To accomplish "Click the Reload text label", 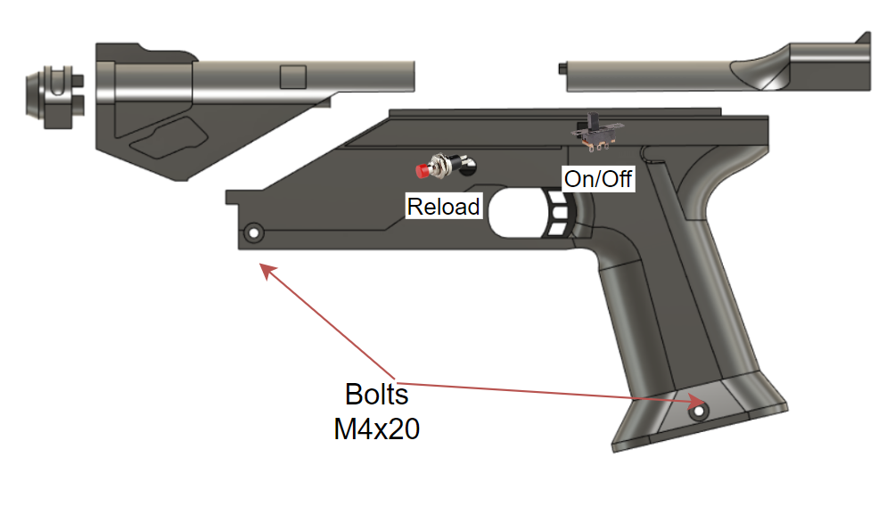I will pyautogui.click(x=444, y=207).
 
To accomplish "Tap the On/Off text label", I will pyautogui.click(x=597, y=178).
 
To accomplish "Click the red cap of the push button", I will pyautogui.click(x=423, y=168).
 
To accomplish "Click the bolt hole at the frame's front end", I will pyautogui.click(x=253, y=233).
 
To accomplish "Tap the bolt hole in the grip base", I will pyautogui.click(x=698, y=412).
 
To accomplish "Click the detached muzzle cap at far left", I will pyautogui.click(x=54, y=91).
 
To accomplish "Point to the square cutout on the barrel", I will pyautogui.click(x=293, y=77).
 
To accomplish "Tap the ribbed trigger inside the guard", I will pyautogui.click(x=558, y=219).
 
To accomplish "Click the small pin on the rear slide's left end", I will pyautogui.click(x=561, y=68).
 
